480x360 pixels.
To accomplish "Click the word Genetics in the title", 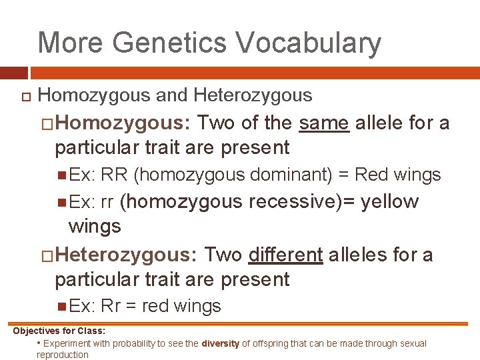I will click(169, 43).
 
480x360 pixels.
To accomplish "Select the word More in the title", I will click(71, 43).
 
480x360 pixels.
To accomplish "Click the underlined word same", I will click(325, 123).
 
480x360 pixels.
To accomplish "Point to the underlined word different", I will click(285, 255).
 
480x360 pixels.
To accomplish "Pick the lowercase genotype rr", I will click(107, 202).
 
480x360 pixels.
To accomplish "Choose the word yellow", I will click(389, 202).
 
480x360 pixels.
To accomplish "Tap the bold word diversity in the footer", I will click(221, 344).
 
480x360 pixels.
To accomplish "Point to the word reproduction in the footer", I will click(63, 355).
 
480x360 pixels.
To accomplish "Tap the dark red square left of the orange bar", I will click(13, 73).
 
